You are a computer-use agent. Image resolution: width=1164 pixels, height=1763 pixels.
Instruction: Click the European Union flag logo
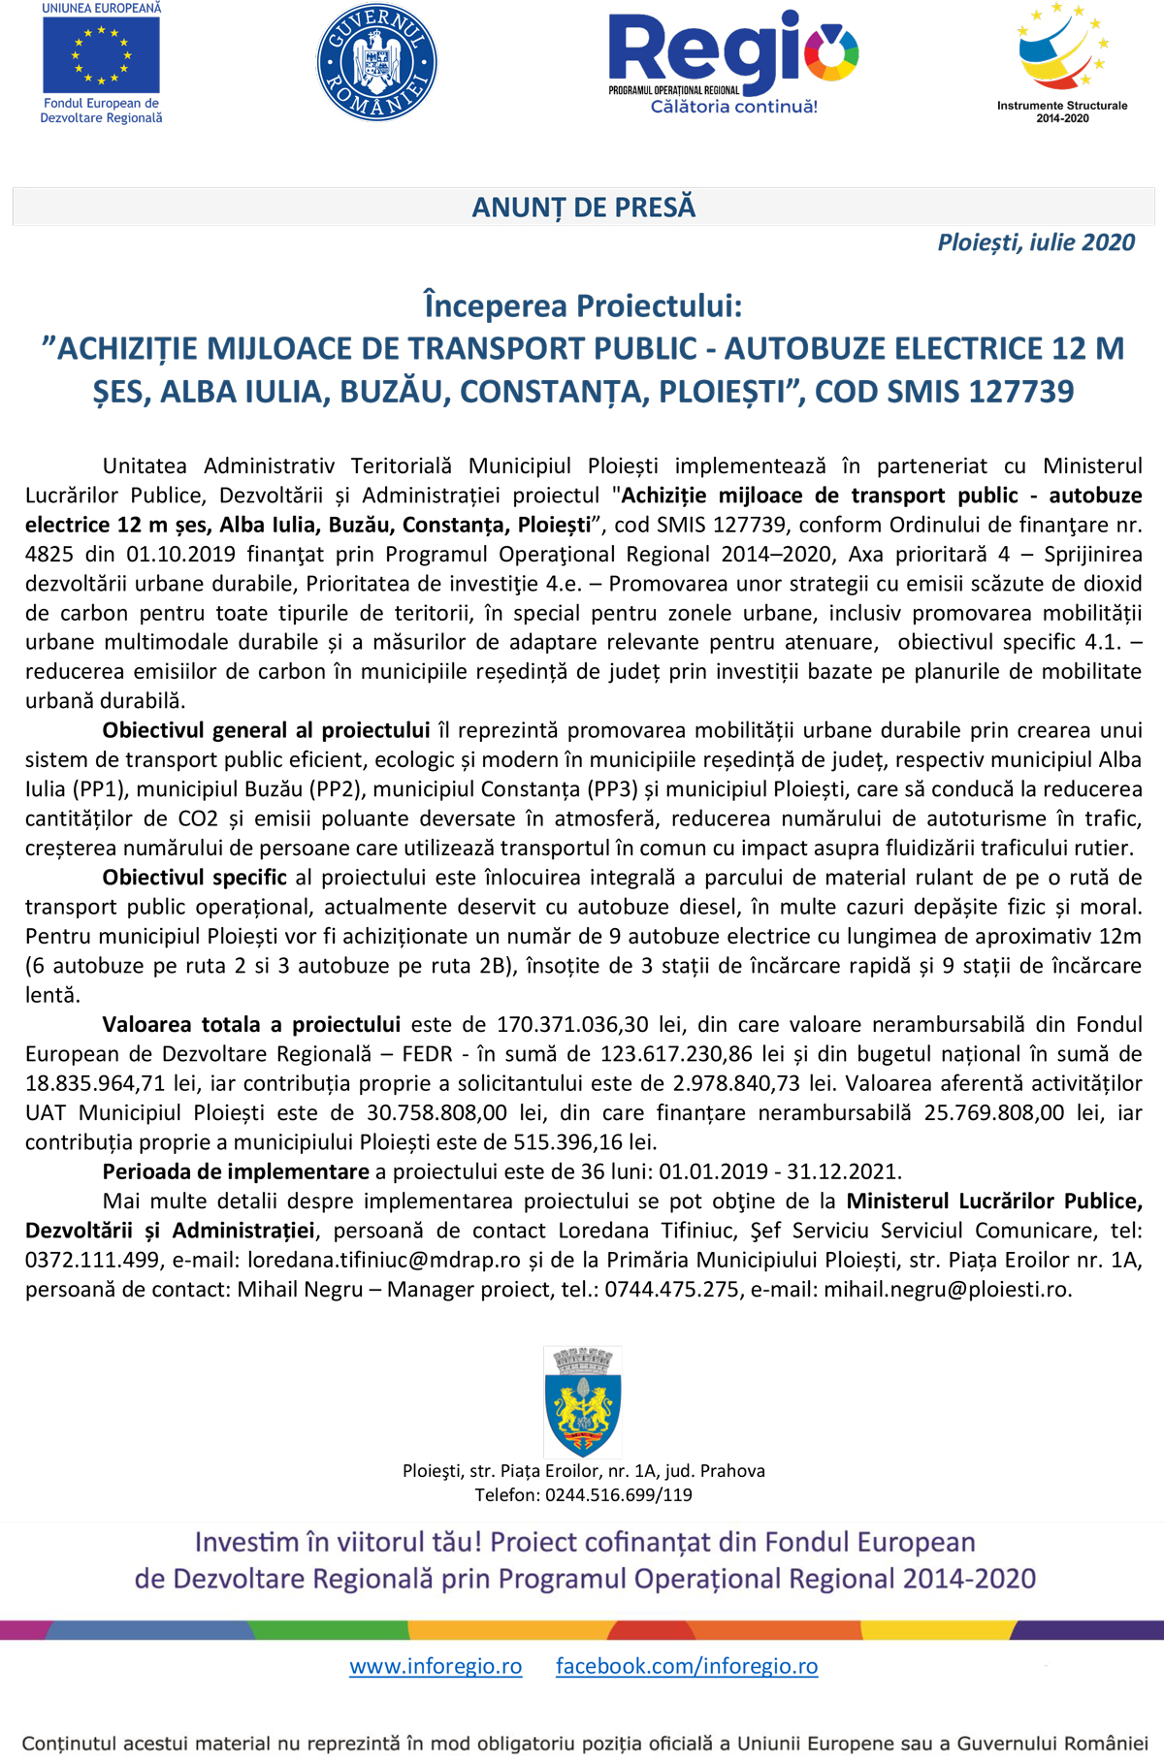pos(101,54)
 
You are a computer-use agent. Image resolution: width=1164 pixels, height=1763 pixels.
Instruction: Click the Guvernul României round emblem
pos(377,62)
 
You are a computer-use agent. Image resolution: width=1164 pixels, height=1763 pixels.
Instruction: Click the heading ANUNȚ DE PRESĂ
pos(583,208)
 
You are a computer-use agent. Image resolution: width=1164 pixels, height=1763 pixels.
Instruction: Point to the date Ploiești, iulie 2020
pos(1036,242)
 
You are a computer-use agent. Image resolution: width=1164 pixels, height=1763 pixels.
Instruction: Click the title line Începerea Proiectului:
pos(583,305)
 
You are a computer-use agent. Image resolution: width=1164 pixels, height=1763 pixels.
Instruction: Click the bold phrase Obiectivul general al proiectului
pos(266,730)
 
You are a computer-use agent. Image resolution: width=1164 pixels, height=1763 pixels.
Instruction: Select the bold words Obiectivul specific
pos(194,878)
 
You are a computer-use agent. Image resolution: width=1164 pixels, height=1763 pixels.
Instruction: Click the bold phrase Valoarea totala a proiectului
pos(251,1025)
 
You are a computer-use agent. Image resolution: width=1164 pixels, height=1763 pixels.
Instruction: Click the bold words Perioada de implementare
pos(236,1171)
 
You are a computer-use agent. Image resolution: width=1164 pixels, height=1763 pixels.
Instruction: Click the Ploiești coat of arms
pos(583,1401)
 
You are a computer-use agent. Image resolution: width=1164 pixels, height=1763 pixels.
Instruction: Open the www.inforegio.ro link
pos(436,1666)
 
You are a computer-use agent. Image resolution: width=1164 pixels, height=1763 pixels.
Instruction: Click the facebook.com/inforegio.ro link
pos(687,1666)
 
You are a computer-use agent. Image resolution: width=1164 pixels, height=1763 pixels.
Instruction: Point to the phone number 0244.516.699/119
pos(619,1495)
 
